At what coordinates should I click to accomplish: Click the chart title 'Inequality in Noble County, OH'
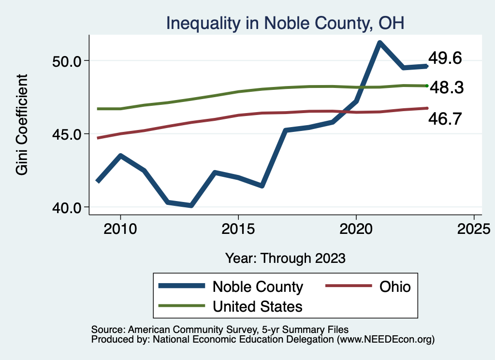tap(285, 23)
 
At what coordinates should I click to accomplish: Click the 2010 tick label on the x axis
tap(120, 228)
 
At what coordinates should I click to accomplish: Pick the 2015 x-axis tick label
tap(238, 228)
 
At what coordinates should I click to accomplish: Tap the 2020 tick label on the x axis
tap(356, 228)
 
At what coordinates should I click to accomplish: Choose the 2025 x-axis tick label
tap(474, 228)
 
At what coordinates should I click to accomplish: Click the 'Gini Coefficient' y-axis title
tap(22, 125)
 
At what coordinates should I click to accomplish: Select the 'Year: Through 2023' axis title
tap(285, 258)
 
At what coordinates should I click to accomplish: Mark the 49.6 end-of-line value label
tap(445, 58)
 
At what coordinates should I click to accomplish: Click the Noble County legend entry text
tap(258, 287)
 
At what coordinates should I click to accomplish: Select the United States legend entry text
tap(258, 306)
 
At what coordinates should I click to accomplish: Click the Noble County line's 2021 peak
tap(379, 43)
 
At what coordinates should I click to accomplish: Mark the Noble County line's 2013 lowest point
tap(191, 205)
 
